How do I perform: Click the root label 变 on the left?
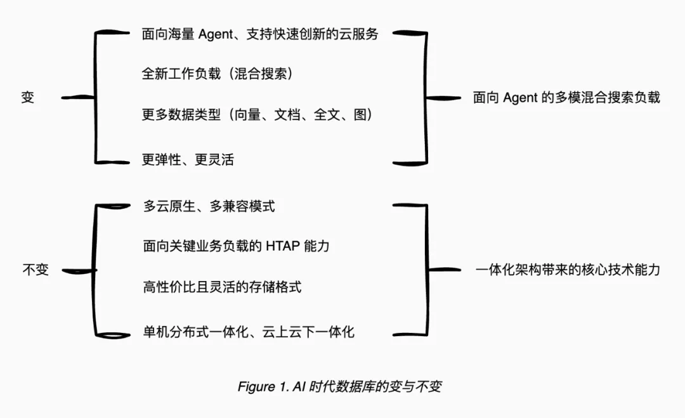pyautogui.click(x=27, y=97)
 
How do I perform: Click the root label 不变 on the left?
pyautogui.click(x=36, y=270)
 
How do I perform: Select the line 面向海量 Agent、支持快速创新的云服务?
pyautogui.click(x=260, y=34)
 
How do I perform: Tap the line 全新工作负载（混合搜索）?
pyautogui.click(x=217, y=74)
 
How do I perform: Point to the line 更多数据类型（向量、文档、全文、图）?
pyautogui.click(x=258, y=114)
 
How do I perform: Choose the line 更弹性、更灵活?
pyautogui.click(x=188, y=159)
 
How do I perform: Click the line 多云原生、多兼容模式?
pyautogui.click(x=209, y=206)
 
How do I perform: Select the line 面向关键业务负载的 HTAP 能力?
pyautogui.click(x=237, y=246)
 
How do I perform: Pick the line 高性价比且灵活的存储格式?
pyautogui.click(x=223, y=287)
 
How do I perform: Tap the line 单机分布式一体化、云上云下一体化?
pyautogui.click(x=249, y=332)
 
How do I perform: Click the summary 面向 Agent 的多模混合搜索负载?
pyautogui.click(x=566, y=98)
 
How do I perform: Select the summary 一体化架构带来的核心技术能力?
pyautogui.click(x=568, y=270)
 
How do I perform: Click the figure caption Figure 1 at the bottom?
pyautogui.click(x=339, y=386)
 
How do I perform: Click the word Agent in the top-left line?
pyautogui.click(x=216, y=34)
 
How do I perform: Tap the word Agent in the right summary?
pyautogui.click(x=520, y=98)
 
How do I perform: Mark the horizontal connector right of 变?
pyautogui.click(x=78, y=98)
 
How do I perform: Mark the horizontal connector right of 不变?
pyautogui.click(x=79, y=271)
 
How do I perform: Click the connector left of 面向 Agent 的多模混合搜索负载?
pyautogui.click(x=443, y=98)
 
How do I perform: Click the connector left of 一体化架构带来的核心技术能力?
pyautogui.click(x=444, y=270)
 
